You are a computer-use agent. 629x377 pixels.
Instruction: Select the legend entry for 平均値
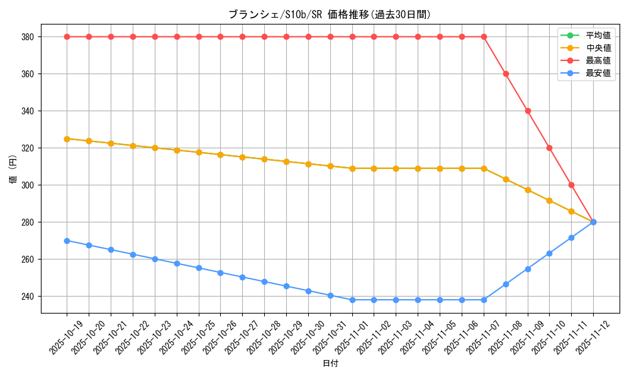pos(598,35)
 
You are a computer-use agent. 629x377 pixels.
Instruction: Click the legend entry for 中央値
pos(598,48)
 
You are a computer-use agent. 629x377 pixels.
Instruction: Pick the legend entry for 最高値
pos(598,60)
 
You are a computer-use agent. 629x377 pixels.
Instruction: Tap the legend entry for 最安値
pos(598,73)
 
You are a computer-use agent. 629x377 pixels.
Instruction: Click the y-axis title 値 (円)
pos(13,168)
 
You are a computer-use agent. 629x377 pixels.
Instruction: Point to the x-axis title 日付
pos(330,364)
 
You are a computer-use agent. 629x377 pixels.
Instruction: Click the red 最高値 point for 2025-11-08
pos(506,74)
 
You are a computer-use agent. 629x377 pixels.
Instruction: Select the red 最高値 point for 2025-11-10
pos(549,148)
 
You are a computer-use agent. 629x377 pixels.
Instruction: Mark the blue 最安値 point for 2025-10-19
pos(67,241)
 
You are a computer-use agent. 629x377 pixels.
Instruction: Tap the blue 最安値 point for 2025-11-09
pos(528,269)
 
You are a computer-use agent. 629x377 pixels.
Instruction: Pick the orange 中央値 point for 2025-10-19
pos(67,139)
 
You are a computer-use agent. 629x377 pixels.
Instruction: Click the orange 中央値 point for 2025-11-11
pos(571,211)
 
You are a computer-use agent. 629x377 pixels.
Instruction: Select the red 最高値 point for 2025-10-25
pos(199,37)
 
